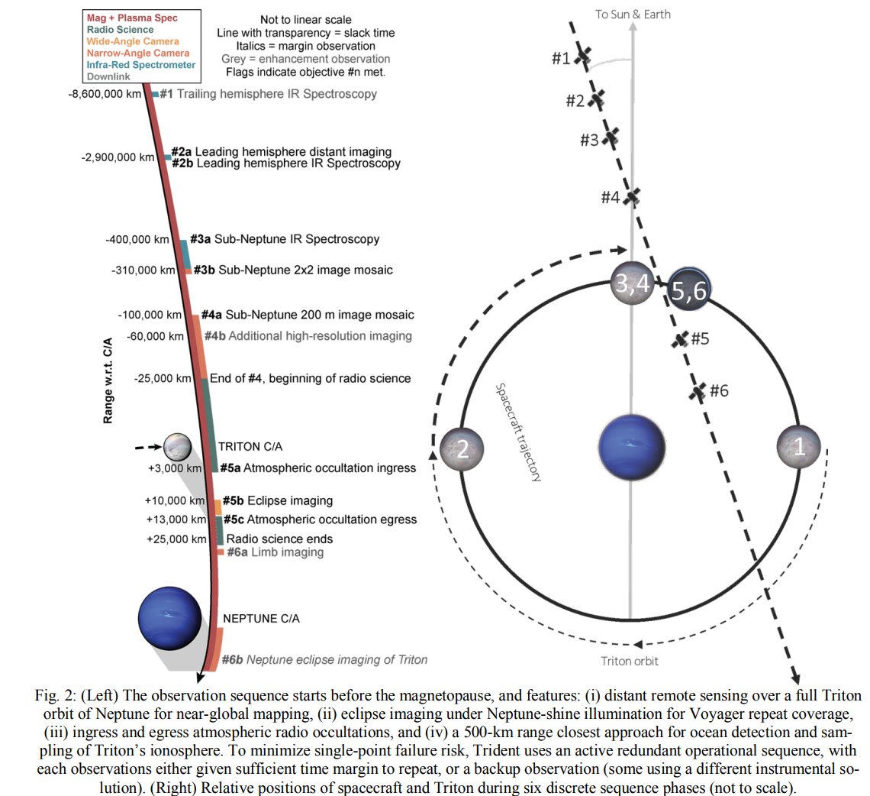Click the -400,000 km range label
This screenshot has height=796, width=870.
(x=138, y=239)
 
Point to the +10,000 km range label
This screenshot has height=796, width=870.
(x=175, y=500)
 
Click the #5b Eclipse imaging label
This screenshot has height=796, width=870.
(x=278, y=501)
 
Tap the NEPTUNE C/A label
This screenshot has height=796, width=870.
(x=260, y=619)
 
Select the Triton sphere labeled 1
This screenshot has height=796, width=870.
(x=798, y=448)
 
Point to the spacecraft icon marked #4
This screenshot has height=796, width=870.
(x=630, y=197)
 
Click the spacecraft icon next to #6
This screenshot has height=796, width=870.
(x=697, y=392)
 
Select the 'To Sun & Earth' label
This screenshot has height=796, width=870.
(x=633, y=15)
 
